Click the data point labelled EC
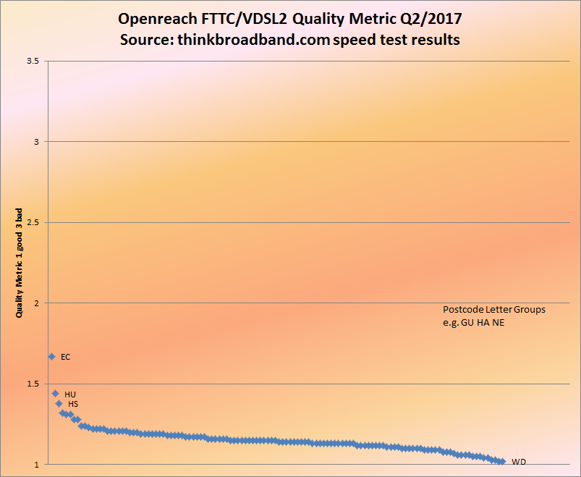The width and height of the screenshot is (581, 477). [x=51, y=356]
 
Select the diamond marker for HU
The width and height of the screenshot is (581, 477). [x=55, y=394]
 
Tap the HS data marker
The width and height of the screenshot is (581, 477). [x=59, y=403]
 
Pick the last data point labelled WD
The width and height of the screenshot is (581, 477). [x=502, y=461]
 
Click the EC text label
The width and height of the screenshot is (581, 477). [x=66, y=357]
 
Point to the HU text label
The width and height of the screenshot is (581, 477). [x=70, y=394]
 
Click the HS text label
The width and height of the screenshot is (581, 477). [x=73, y=404]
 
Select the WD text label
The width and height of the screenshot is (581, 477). [x=519, y=462]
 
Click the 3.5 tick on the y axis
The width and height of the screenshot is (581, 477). [x=33, y=62]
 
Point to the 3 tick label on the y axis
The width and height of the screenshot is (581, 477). [x=36, y=142]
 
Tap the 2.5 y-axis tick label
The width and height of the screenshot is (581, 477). [x=33, y=222]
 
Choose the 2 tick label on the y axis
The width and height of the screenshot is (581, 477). [x=36, y=303]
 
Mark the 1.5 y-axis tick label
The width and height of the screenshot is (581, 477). [x=33, y=384]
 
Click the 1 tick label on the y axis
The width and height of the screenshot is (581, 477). [x=36, y=464]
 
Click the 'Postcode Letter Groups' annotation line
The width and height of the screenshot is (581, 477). [x=494, y=309]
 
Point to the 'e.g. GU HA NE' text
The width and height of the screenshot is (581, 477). [x=474, y=322]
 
